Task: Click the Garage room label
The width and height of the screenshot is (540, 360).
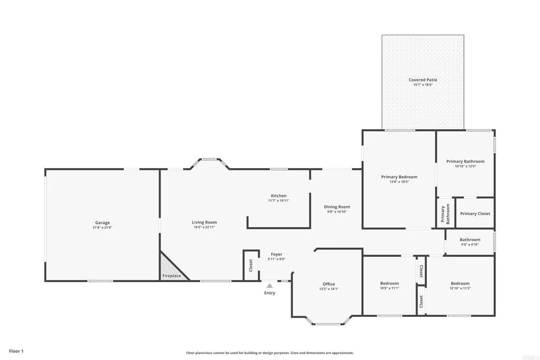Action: (102, 222)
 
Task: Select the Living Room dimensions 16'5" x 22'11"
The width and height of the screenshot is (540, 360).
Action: (204, 228)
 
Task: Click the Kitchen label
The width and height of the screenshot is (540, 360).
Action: (278, 196)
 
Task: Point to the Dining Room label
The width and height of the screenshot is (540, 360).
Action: (336, 207)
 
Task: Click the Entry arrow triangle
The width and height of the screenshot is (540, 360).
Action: (269, 286)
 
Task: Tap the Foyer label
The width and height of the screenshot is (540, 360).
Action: (276, 254)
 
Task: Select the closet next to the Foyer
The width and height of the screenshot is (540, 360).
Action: (250, 265)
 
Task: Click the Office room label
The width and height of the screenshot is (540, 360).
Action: (329, 284)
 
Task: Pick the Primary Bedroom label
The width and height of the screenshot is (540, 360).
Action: (399, 177)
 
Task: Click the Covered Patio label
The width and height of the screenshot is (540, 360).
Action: (423, 80)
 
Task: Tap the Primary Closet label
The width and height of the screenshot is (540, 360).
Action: (475, 213)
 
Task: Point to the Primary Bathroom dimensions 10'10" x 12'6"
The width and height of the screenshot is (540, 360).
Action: (465, 167)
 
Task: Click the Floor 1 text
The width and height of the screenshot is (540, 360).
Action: (16, 351)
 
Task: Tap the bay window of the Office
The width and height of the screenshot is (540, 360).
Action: (327, 323)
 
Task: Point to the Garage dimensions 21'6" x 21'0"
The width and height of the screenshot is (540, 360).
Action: (102, 228)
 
